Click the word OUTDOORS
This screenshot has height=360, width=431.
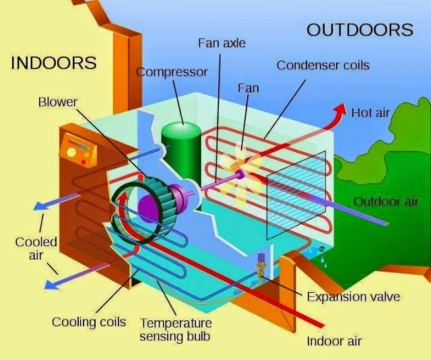pyautogui.click(x=360, y=30)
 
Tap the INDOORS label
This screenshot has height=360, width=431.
pyautogui.click(x=54, y=63)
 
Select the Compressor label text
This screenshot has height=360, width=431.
pyautogui.click(x=172, y=71)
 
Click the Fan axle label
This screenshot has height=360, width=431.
pyautogui.click(x=222, y=43)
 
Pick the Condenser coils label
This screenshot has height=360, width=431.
pyautogui.click(x=323, y=65)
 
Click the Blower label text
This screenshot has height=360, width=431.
pyautogui.click(x=58, y=102)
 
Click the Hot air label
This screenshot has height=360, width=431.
pyautogui.click(x=371, y=112)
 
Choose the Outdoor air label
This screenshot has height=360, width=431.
pyautogui.click(x=386, y=202)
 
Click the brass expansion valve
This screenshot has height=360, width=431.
pyautogui.click(x=261, y=268)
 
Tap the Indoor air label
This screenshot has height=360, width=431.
pyautogui.click(x=334, y=340)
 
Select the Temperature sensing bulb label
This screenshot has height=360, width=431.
pyautogui.click(x=175, y=328)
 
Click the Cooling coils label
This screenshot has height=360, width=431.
pyautogui.click(x=89, y=322)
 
